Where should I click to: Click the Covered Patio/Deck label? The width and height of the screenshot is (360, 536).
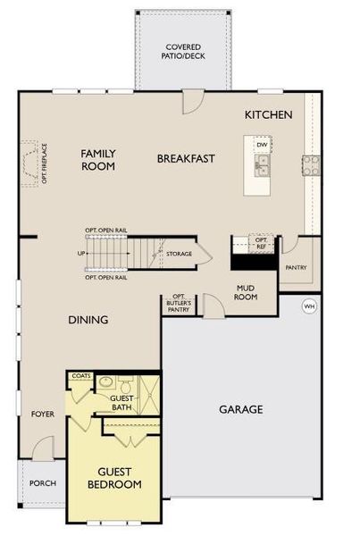point(183,51)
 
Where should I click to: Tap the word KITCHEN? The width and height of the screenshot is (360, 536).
point(269,115)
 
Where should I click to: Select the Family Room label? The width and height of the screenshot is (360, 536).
point(98,160)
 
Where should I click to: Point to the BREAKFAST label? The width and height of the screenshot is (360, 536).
point(186,159)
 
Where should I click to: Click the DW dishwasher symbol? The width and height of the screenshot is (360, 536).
point(262,145)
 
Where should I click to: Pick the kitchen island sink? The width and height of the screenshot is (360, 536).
point(262,163)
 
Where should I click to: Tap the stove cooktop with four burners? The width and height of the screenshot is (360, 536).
point(311,163)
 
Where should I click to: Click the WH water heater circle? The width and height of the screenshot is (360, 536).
point(309,306)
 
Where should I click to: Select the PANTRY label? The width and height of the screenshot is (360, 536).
point(296,267)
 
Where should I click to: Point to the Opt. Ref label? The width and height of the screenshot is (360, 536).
point(262,242)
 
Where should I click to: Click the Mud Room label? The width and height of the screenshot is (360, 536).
point(247,292)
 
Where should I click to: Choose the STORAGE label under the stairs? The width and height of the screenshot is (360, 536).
point(179,255)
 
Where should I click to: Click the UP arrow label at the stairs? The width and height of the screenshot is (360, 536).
point(84,255)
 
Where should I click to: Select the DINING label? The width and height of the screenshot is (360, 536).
point(89,320)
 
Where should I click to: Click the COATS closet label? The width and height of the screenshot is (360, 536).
point(80,376)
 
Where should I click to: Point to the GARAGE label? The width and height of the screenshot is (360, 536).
point(241,410)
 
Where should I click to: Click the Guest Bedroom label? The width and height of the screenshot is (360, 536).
point(120,478)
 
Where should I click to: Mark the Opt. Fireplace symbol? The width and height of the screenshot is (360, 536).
point(34,163)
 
